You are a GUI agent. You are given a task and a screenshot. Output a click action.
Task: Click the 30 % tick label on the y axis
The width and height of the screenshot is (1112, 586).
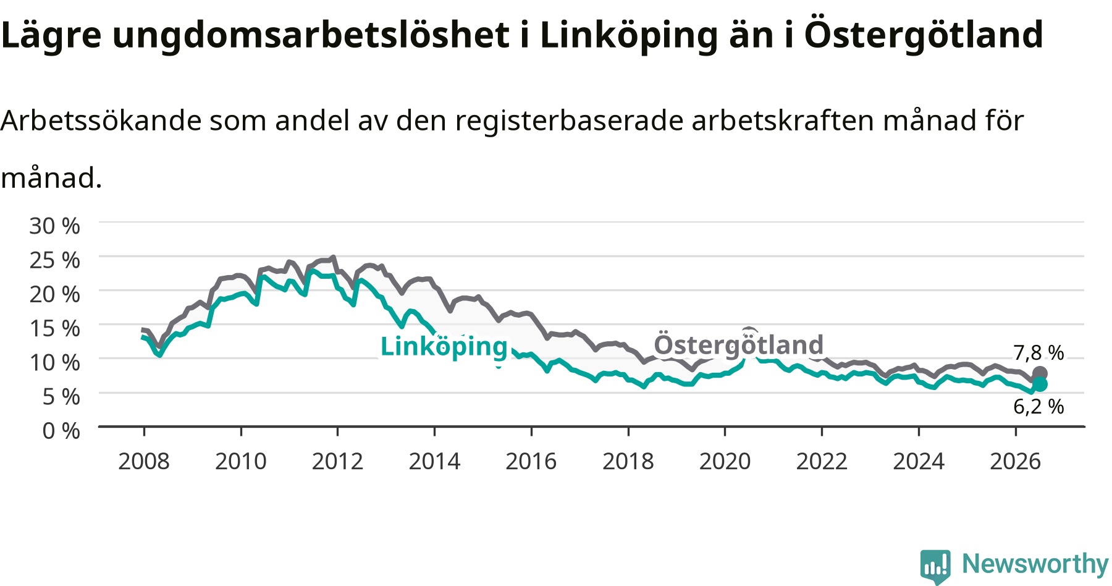point(54,226)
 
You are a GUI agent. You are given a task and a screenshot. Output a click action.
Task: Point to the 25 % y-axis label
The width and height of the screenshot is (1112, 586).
point(54,260)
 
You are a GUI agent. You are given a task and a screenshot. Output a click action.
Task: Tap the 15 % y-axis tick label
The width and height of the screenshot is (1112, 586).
point(54,328)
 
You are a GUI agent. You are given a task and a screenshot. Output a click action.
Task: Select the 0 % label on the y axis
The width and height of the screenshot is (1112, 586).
point(61,430)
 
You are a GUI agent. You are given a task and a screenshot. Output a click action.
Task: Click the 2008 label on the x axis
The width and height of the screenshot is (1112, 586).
point(144,461)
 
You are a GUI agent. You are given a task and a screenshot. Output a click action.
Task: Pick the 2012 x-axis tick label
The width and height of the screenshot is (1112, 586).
point(337,461)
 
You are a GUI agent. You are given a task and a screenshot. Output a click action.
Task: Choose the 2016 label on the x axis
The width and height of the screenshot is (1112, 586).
point(531,461)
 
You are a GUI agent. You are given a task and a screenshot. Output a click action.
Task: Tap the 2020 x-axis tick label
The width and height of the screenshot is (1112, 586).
point(725,461)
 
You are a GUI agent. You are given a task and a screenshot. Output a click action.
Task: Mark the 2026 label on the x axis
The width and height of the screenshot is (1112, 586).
point(1016,461)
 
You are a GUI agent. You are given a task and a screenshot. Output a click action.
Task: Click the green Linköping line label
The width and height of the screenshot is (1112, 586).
point(444,347)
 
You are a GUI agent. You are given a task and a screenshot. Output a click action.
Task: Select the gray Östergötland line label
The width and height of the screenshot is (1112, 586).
point(739,345)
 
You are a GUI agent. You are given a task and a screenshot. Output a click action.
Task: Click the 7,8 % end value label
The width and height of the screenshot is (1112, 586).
point(1038,353)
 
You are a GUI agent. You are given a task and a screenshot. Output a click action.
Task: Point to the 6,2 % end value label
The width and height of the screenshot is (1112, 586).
point(1038,407)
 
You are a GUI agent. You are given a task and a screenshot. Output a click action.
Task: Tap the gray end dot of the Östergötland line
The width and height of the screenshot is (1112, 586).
point(1040,373)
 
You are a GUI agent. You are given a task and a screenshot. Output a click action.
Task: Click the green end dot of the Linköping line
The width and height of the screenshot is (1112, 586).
point(1040,384)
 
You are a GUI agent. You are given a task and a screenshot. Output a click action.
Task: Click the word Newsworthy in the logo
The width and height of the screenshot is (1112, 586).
point(1035,564)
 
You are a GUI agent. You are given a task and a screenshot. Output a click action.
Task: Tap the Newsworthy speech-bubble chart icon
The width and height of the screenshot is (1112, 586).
point(935,566)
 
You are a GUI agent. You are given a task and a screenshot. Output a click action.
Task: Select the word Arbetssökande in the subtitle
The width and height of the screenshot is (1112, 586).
point(101,121)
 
